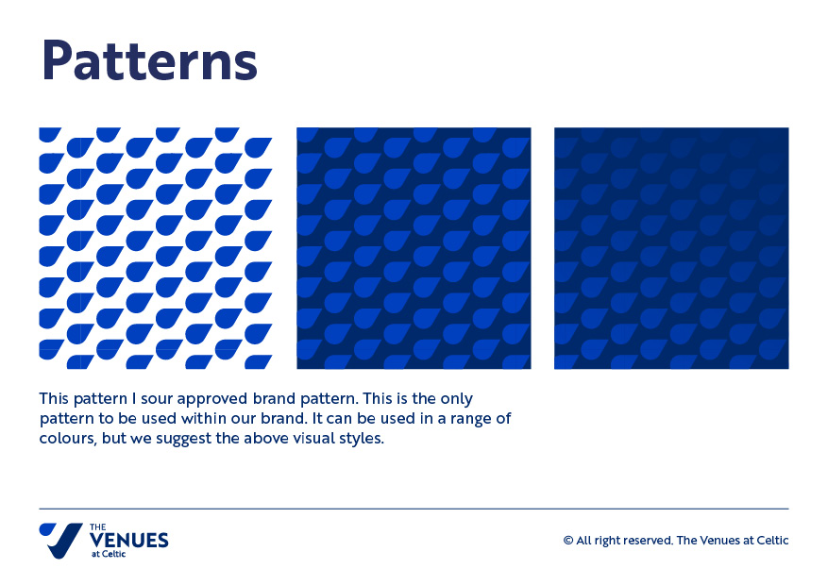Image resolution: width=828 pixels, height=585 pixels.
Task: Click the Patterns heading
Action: tap(149, 60)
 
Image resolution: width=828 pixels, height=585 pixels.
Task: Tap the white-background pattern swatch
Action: tap(156, 248)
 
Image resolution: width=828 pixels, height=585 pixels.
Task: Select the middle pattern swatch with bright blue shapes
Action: tap(414, 248)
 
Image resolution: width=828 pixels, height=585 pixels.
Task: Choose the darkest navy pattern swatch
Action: tap(671, 248)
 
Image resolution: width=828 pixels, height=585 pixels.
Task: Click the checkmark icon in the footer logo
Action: tap(60, 540)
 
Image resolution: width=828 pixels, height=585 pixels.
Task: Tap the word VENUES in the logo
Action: tap(128, 541)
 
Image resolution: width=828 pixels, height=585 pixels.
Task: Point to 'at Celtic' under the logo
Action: tap(109, 554)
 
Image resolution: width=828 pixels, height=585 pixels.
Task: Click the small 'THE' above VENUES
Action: tap(97, 527)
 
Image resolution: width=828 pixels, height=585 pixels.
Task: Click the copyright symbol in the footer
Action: tap(568, 541)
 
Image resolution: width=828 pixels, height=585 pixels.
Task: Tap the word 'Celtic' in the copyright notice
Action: tap(772, 541)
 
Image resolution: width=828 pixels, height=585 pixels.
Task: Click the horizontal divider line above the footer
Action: tap(414, 509)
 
